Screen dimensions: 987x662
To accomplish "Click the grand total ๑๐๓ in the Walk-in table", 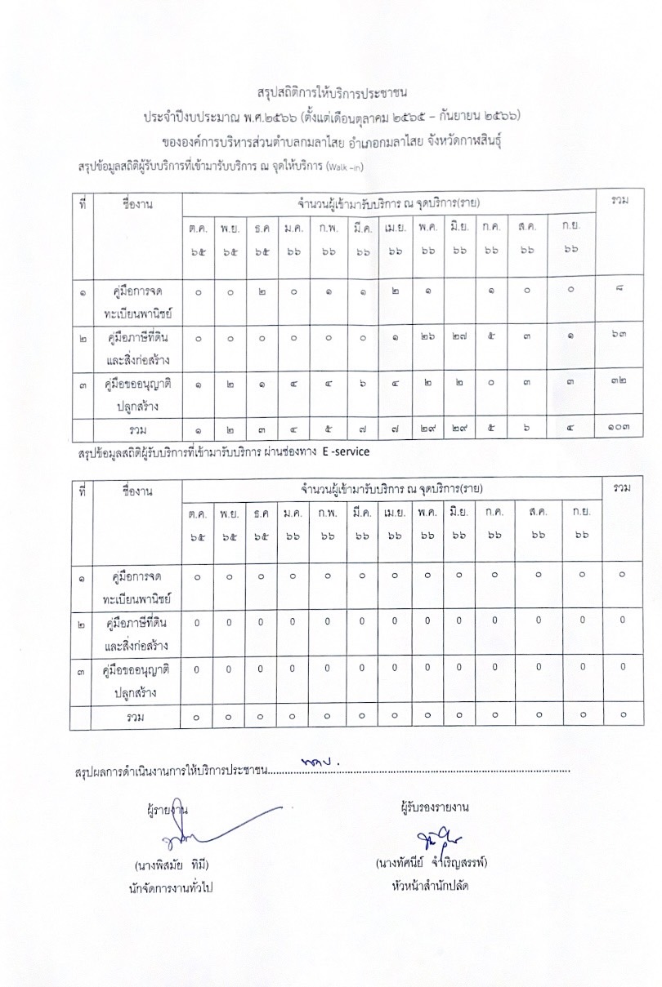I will coord(622,429).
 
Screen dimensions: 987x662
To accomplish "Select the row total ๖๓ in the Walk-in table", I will coord(621,334).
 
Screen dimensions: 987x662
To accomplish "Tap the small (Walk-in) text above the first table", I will coord(344,168).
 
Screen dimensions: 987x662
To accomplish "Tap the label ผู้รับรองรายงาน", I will coord(435,808).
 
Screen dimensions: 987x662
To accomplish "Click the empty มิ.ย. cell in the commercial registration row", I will coord(459,289).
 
